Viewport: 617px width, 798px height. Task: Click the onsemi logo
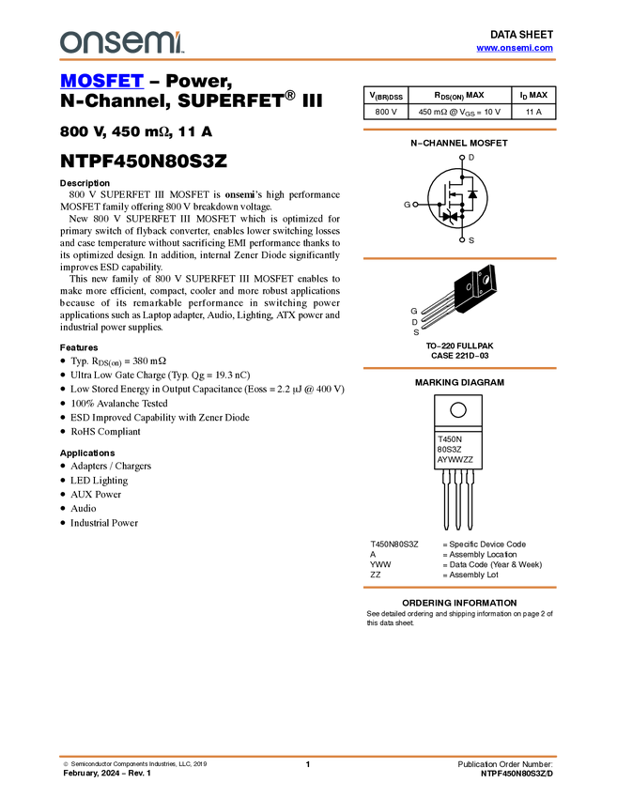121,42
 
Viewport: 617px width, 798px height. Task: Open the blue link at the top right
515,48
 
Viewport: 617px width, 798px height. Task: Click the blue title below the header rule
101,82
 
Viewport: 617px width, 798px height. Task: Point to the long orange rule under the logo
307,60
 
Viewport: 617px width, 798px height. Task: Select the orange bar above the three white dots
459,130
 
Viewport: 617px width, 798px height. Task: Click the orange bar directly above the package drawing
459,258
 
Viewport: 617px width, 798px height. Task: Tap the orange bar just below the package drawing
459,368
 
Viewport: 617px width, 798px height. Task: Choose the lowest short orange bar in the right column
459,588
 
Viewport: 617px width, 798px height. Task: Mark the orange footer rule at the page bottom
307,756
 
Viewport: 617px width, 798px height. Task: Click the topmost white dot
462,158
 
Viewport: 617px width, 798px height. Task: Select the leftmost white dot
415,204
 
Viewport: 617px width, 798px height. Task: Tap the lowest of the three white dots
462,240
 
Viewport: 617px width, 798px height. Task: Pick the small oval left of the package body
470,286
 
